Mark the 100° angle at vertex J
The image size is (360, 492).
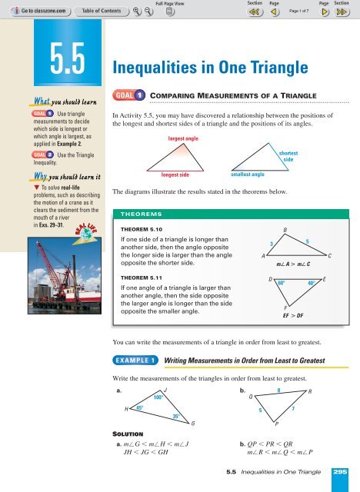157,399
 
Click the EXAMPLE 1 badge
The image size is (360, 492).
137,360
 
